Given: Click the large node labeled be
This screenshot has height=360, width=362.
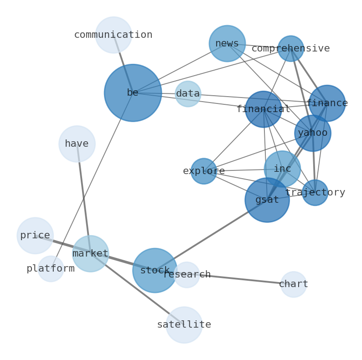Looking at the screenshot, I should (x=133, y=93).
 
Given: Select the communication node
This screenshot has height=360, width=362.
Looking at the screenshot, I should (x=114, y=35).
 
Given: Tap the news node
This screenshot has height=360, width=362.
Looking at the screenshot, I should (x=227, y=44).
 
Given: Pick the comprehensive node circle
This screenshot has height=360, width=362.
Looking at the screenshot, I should (x=291, y=49).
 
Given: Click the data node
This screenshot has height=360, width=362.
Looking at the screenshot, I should (x=188, y=94).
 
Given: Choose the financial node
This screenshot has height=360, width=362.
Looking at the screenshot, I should (x=264, y=109).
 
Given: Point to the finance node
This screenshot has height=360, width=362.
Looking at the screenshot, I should (x=327, y=103).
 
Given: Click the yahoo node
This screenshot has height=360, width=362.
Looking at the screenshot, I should (x=313, y=133).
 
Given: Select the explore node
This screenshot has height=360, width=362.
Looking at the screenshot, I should (x=204, y=171).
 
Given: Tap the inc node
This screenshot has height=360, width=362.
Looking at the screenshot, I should (x=282, y=169).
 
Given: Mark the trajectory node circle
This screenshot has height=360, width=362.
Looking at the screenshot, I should (x=315, y=193).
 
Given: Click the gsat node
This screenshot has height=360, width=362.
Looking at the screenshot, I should (x=267, y=200).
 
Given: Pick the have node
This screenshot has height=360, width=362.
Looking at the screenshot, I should (x=77, y=144).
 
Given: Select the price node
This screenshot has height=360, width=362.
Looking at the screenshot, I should (x=35, y=236).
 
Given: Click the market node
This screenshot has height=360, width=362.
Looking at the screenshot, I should (x=91, y=254).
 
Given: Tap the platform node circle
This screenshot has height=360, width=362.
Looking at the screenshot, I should (x=51, y=269).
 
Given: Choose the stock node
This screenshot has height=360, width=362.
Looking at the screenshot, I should (x=155, y=271).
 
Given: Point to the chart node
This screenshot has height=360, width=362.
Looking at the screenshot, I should (x=294, y=284).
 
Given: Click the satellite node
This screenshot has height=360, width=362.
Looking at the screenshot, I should (x=184, y=325).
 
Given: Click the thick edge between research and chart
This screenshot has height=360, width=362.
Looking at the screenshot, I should (x=242, y=280).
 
